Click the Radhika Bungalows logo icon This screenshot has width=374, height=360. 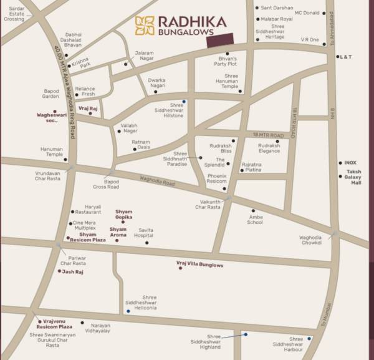tap(145, 25)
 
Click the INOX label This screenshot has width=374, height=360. tap(351, 163)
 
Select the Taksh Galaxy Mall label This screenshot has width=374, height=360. tap(353, 177)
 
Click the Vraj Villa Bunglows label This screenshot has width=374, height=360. tap(201, 265)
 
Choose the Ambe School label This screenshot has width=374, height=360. tap(254, 219)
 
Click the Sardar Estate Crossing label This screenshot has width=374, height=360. tap(14, 14)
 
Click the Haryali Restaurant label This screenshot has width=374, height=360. tap(88, 212)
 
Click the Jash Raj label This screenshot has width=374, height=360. tap(73, 272)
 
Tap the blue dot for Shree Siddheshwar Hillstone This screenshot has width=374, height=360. tap(183, 101)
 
